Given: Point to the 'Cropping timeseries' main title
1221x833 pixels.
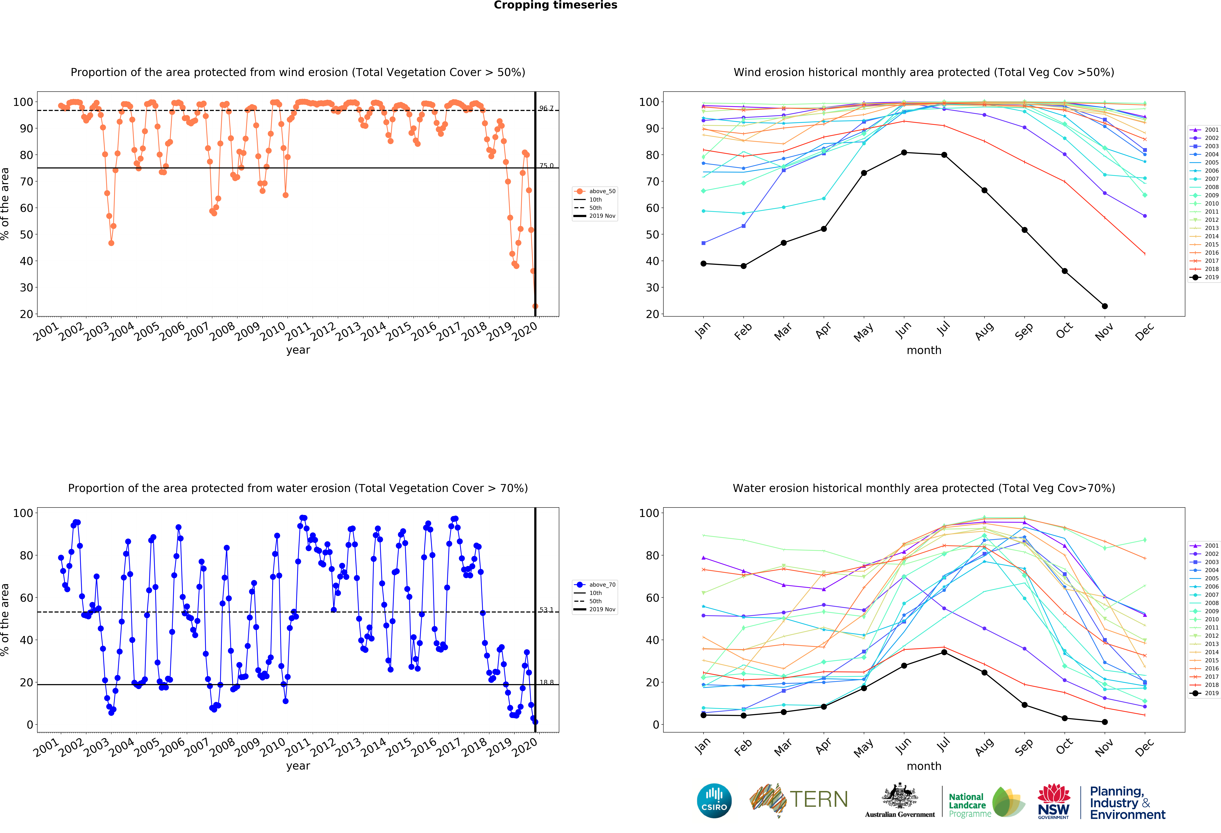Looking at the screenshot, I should coord(555,5).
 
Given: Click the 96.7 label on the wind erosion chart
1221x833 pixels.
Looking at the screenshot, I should coord(546,108).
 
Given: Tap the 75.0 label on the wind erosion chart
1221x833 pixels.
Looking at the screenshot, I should coord(546,166).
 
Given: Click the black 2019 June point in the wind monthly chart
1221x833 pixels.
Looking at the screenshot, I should coord(904,153).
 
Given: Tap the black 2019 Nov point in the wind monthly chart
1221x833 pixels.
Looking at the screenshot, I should coord(1105,306).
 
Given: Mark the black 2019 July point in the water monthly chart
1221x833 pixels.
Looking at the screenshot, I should coord(944,652).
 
